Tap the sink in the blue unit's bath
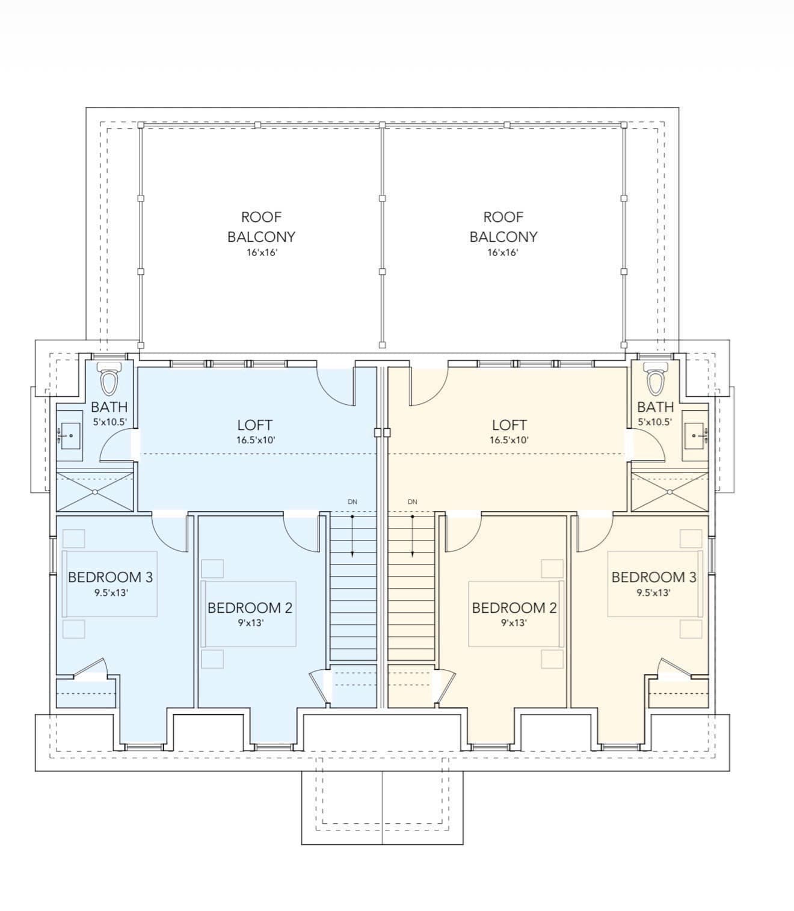[70, 435]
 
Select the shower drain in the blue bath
[95, 492]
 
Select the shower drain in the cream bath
[669, 492]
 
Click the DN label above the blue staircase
[352, 502]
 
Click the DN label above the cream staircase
[413, 502]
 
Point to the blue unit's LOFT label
[254, 425]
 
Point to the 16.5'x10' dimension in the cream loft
[509, 440]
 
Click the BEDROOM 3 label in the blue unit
[111, 577]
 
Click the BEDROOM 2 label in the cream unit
[514, 608]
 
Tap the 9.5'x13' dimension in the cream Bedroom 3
[653, 593]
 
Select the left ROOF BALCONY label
[262, 227]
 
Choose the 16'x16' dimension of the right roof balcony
[503, 253]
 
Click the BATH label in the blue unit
[109, 407]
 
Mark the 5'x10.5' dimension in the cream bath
[654, 422]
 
